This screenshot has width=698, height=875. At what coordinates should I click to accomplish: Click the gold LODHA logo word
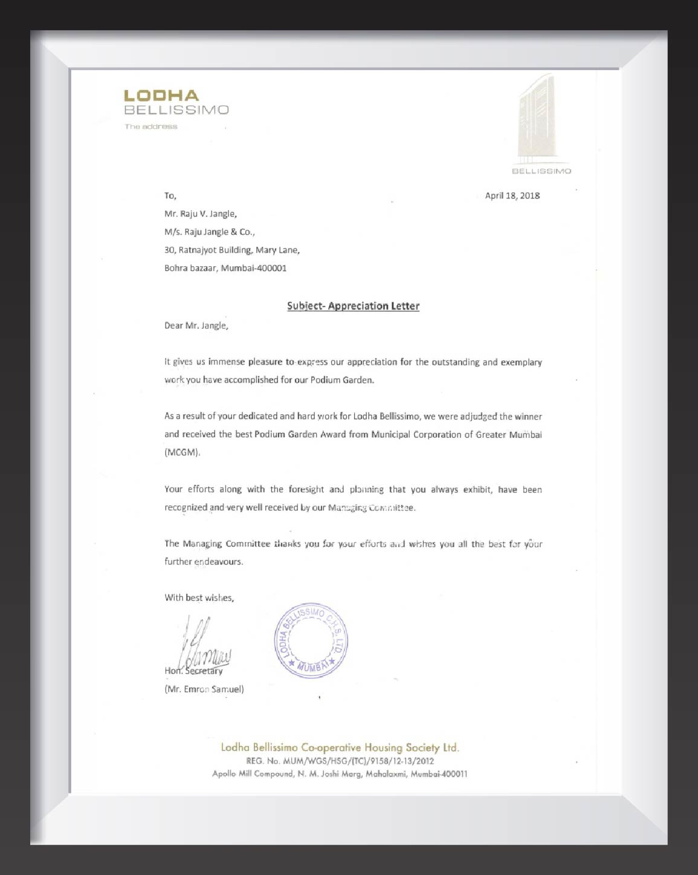point(161,96)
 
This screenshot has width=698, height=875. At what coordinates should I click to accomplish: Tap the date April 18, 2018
point(512,195)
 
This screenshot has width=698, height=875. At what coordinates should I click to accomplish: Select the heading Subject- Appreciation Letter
point(353,306)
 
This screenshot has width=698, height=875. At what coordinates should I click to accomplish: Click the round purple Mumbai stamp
point(312,640)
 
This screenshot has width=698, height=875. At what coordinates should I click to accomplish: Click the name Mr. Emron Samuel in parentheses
point(204,689)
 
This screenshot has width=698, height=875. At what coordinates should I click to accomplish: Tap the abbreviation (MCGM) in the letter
point(182,452)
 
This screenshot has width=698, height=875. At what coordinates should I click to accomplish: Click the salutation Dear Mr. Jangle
point(196,326)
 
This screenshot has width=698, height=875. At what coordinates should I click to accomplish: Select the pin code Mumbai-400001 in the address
point(254,268)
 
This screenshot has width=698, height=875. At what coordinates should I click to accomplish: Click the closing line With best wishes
point(199,597)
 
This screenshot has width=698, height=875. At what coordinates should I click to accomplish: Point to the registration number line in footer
point(340,761)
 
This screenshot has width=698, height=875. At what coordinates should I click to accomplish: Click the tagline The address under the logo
point(151,126)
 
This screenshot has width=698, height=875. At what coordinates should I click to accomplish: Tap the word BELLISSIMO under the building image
point(541,171)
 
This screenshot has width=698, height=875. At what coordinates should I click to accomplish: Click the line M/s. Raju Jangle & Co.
point(210,232)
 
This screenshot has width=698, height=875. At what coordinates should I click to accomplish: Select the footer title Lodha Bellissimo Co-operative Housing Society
point(340,747)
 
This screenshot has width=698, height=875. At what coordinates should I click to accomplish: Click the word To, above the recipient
point(170,195)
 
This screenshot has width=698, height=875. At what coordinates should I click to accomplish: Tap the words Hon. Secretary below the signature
point(193,671)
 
